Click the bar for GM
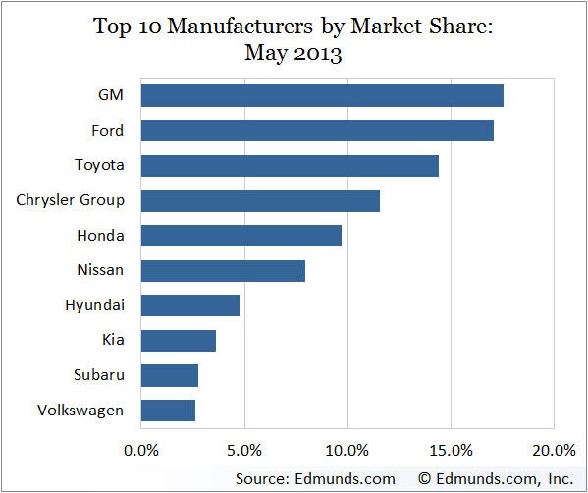[322, 95]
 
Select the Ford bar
[317, 131]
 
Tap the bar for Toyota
[290, 165]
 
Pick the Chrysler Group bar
[260, 200]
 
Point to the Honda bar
[241, 236]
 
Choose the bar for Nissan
[223, 270]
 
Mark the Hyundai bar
[190, 305]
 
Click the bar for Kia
[179, 341]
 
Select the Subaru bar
[170, 375]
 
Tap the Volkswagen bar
[168, 411]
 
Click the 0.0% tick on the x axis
[141, 451]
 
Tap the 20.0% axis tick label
[553, 451]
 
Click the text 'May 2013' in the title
[294, 53]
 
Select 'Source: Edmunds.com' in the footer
[315, 478]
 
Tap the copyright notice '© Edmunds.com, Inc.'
[496, 478]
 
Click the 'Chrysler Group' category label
[70, 200]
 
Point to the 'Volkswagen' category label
[81, 411]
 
